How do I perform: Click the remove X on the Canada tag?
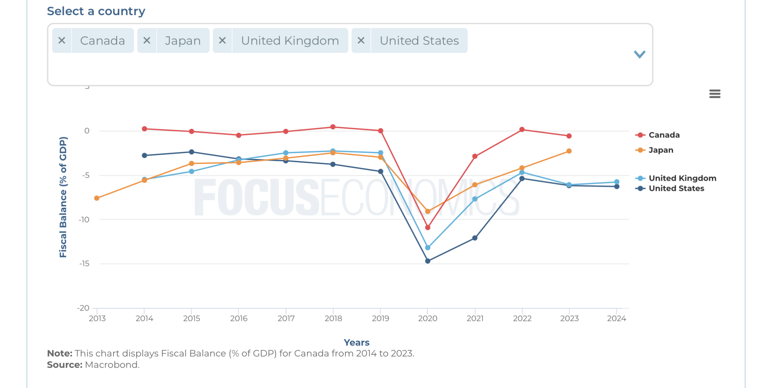62,41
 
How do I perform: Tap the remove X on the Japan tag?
147,41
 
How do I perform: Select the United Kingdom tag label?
290,41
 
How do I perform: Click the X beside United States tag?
361,41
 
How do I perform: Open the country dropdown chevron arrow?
640,54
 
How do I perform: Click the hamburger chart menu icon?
715,94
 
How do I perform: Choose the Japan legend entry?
660,150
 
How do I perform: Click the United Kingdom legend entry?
682,178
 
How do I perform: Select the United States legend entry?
676,188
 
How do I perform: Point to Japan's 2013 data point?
97,198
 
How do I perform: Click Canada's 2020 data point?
428,227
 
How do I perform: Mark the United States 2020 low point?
428,261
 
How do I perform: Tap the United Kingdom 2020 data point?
428,248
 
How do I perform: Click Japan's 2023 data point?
569,151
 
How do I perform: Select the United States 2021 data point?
475,238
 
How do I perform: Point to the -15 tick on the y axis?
84,264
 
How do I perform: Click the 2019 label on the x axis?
380,319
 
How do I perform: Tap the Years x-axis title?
356,343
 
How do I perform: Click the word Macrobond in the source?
112,365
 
